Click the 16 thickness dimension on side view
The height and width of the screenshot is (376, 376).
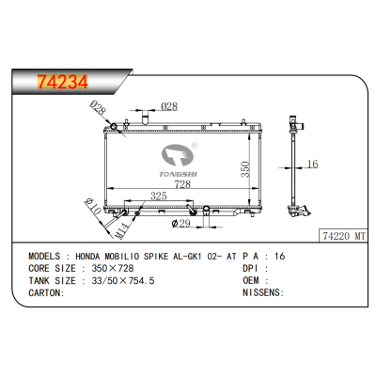(313, 164)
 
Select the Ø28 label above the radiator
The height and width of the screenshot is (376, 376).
(170, 106)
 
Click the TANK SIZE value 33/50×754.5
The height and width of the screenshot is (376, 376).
(118, 280)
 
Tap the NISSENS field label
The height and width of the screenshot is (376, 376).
(262, 293)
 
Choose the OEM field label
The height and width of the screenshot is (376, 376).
(251, 280)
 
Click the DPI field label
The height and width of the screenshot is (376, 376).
(251, 267)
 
